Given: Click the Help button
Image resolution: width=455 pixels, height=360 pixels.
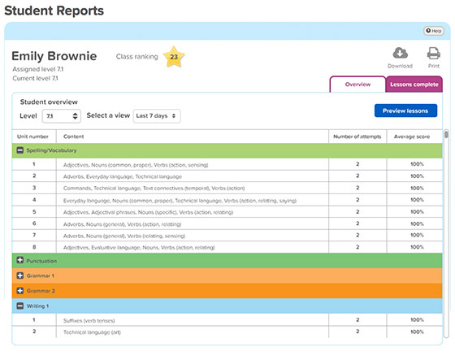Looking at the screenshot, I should tap(433, 31).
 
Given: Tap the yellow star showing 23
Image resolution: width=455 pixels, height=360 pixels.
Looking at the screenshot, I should tap(172, 58).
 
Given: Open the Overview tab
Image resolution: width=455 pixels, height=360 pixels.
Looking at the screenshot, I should tap(357, 84).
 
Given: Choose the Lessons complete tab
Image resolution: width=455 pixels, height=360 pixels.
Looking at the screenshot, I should tap(414, 84).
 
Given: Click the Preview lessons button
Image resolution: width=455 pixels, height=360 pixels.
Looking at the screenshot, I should tap(405, 111).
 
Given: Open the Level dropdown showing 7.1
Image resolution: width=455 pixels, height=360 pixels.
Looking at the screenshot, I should tap(61, 116).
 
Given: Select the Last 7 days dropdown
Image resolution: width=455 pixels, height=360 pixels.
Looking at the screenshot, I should tap(157, 116).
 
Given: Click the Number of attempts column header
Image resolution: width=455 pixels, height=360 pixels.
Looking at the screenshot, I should tap(357, 136).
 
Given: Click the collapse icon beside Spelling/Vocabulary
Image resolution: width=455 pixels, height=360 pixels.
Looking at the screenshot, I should tap(20, 150).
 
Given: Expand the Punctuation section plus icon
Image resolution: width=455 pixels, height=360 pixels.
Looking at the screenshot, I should tap(20, 261).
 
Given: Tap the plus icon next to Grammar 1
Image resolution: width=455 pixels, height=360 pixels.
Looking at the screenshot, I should tap(20, 275).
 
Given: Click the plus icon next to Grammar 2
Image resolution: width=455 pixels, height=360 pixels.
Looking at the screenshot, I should tap(20, 290).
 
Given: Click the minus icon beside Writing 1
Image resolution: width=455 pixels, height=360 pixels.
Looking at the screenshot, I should tap(20, 306).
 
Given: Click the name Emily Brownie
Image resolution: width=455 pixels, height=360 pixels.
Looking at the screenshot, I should tap(54, 57).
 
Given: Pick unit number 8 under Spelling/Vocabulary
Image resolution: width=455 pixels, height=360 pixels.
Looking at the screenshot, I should tap(34, 246).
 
